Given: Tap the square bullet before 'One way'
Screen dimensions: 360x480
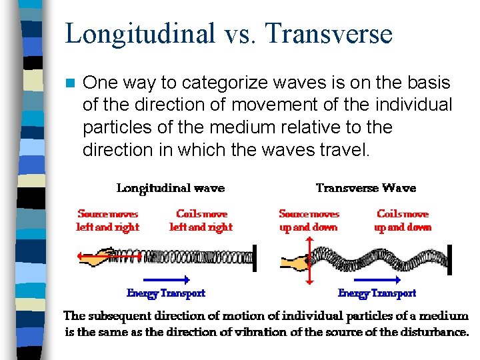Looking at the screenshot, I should [x=69, y=83].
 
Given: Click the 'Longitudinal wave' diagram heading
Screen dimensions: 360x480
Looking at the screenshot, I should [x=171, y=188].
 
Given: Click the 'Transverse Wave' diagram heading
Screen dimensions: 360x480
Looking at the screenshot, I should [x=365, y=188].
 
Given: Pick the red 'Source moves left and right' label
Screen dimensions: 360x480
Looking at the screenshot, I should [x=108, y=221].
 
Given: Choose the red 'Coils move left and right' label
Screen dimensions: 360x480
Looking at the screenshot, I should [x=201, y=221].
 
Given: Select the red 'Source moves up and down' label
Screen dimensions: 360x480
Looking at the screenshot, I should [x=309, y=221].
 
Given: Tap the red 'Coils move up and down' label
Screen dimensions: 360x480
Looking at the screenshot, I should [x=403, y=221].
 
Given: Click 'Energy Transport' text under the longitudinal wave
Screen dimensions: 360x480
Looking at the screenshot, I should [x=166, y=293].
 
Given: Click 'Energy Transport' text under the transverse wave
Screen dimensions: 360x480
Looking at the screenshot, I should [x=377, y=293].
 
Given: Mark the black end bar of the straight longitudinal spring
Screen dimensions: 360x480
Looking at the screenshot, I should [x=254, y=257].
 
